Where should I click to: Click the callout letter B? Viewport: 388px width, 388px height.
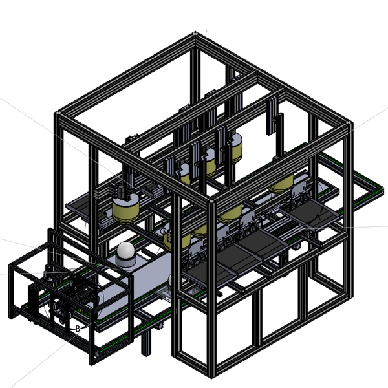tap(78, 329)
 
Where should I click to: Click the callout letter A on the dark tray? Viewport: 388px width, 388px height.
tap(318, 217)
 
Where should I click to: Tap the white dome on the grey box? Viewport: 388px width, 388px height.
tap(125, 250)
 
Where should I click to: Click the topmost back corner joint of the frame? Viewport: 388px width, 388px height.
tap(195, 34)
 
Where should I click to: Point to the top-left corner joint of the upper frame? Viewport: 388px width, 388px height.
tap(58, 113)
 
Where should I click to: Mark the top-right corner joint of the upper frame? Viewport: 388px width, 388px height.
tap(349, 122)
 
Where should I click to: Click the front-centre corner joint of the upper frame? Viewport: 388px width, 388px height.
tap(211, 201)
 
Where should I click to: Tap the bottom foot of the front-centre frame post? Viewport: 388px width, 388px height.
tap(211, 376)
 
